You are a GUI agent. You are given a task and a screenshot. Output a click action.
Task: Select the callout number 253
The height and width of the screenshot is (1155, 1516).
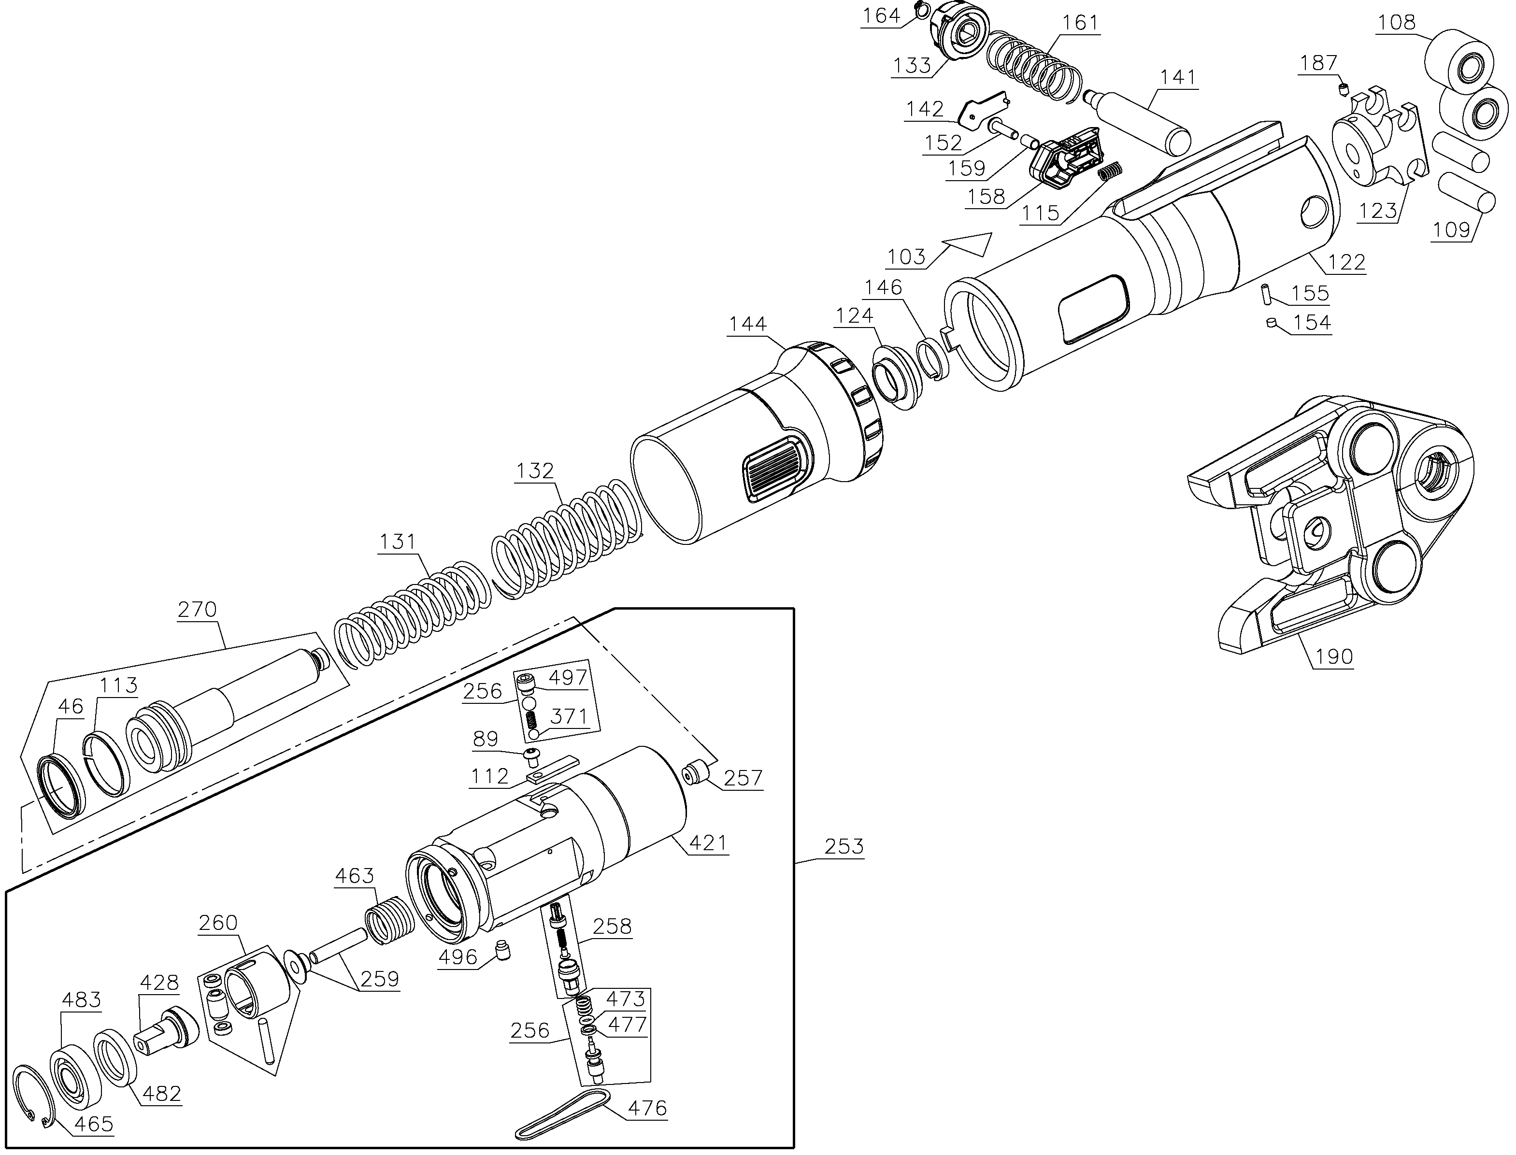pyautogui.click(x=844, y=846)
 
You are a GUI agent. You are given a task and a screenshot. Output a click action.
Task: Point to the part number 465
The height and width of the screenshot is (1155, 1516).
pyautogui.click(x=94, y=1124)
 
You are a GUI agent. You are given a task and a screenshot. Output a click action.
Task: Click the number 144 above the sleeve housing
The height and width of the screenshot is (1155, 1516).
pyautogui.click(x=747, y=324)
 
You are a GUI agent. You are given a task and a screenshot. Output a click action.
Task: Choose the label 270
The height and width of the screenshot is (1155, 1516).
pyautogui.click(x=197, y=609)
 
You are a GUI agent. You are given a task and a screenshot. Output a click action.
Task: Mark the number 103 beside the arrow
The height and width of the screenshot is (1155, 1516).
pyautogui.click(x=906, y=257)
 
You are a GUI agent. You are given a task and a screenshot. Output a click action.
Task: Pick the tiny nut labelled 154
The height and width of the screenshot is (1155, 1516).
pyautogui.click(x=1271, y=322)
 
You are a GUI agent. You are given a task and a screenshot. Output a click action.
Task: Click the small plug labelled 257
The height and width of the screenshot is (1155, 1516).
pyautogui.click(x=694, y=771)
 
